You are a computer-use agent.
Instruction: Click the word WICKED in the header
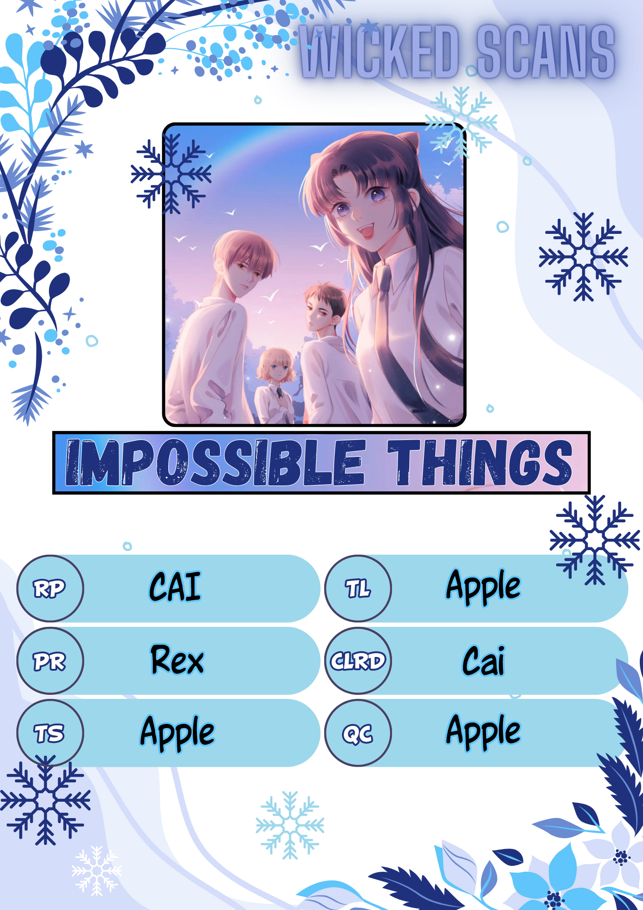[x=380, y=51]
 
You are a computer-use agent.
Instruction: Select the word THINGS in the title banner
[x=480, y=462]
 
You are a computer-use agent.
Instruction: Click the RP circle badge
[x=50, y=588]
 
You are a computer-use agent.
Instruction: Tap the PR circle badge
[x=50, y=661]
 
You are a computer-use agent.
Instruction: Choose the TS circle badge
[x=50, y=733]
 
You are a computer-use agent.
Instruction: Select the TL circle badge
[x=358, y=588]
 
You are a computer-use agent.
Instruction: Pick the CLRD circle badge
[x=358, y=661]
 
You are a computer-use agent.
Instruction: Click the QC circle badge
[x=358, y=733]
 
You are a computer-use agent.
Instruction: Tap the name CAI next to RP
[x=175, y=586]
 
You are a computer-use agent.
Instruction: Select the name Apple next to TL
[x=483, y=587]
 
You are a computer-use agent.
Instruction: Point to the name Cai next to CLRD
[x=483, y=660]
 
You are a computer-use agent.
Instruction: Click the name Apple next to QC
[x=483, y=732]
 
